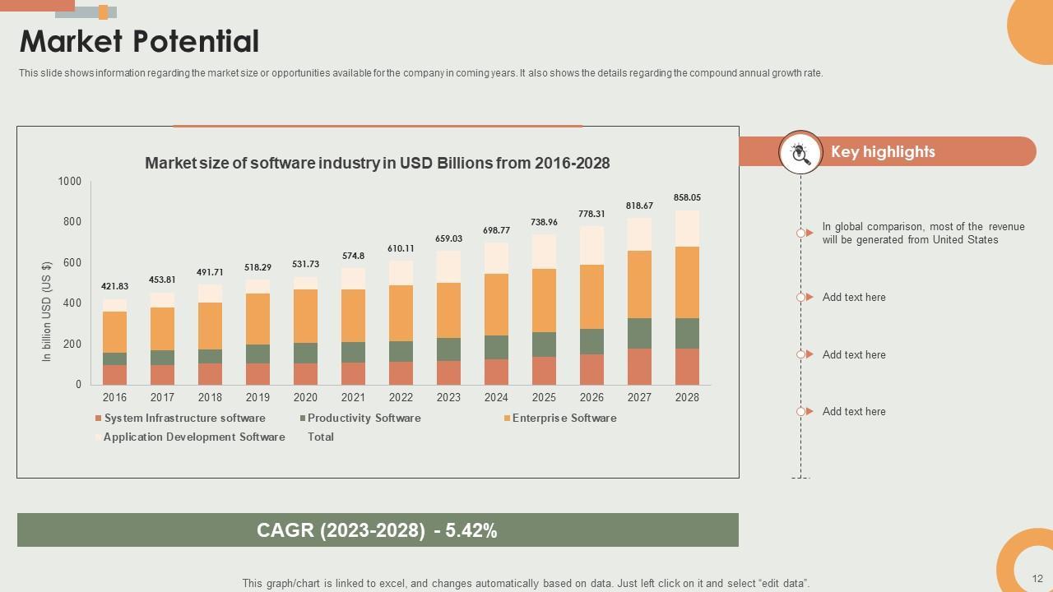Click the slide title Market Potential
[x=139, y=41]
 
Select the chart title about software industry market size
[x=377, y=163]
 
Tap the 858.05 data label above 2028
[x=687, y=197]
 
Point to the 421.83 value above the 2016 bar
[x=114, y=286]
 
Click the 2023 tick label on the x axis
[x=448, y=397]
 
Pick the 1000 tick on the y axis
[x=70, y=181]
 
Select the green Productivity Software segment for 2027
[x=639, y=333]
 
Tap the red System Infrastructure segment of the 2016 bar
[x=114, y=374]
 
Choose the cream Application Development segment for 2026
[x=591, y=245]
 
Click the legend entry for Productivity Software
[x=364, y=418]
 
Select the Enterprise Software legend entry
[x=564, y=418]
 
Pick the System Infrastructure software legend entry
[x=184, y=418]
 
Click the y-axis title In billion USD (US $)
[x=47, y=312]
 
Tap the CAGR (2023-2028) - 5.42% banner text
[x=377, y=530]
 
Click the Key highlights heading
[x=883, y=151]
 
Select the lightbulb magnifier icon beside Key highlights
[x=800, y=152]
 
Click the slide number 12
[x=1037, y=579]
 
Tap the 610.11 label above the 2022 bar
[x=401, y=248]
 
